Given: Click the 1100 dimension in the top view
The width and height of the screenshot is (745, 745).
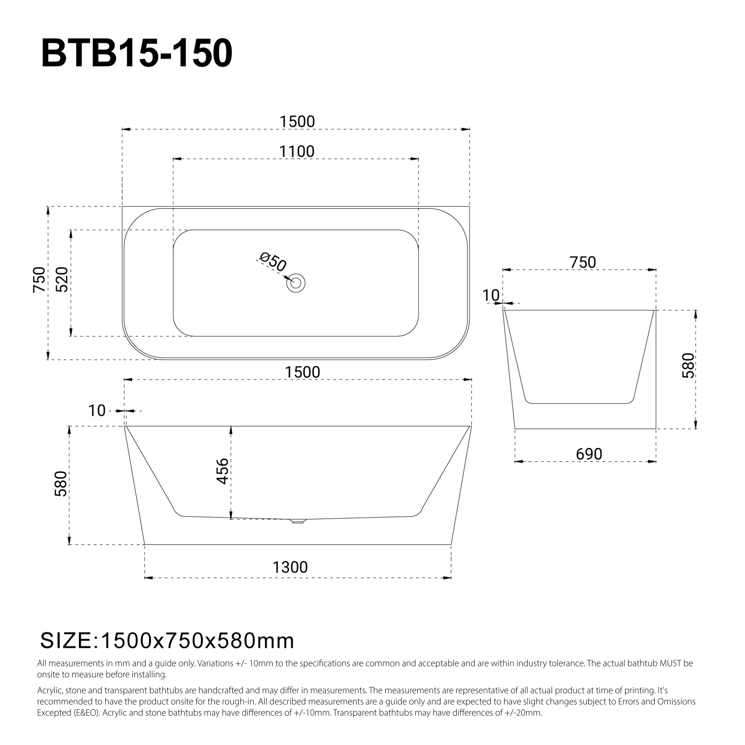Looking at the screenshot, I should [x=297, y=152].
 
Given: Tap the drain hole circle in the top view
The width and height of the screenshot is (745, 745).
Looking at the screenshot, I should [x=296, y=283].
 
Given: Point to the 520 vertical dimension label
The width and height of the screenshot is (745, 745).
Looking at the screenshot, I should [x=62, y=280].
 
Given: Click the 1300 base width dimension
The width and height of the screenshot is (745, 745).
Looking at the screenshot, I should [x=290, y=567].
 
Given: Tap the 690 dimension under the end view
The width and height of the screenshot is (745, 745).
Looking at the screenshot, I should [x=589, y=454].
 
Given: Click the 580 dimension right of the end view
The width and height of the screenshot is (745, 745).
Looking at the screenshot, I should [x=688, y=365].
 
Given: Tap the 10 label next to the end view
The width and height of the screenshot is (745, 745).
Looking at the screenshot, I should [x=491, y=296].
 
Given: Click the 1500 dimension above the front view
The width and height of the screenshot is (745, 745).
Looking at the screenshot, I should [x=302, y=372].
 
